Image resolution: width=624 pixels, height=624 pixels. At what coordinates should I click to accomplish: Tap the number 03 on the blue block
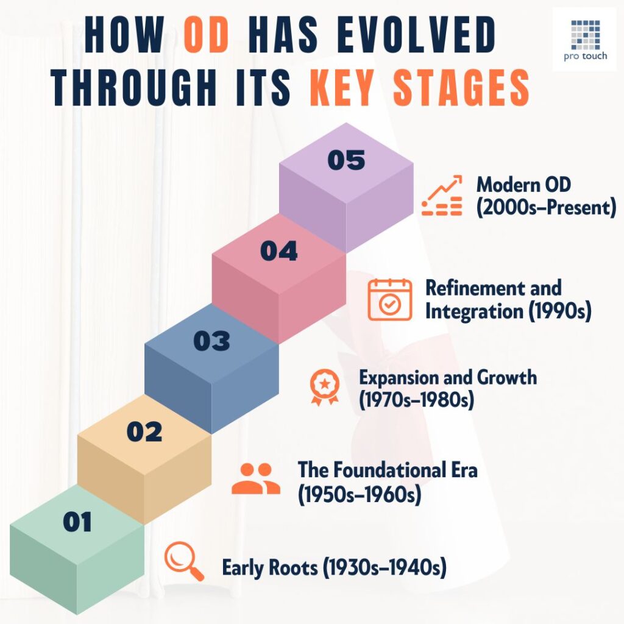coord(211,341)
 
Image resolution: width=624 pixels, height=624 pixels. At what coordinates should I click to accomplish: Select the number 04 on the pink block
coord(279,251)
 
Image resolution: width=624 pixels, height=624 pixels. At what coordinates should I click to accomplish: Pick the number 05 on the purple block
coord(346,160)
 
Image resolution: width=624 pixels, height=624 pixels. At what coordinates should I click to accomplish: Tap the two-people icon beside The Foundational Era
coord(256,478)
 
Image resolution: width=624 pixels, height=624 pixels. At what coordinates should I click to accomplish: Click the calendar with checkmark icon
coord(389,299)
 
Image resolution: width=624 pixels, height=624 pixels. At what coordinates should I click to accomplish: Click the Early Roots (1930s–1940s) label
coord(334,568)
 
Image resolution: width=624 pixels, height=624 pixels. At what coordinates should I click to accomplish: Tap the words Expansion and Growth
coord(448,377)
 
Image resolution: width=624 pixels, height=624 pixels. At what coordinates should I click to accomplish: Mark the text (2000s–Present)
coord(546,208)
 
